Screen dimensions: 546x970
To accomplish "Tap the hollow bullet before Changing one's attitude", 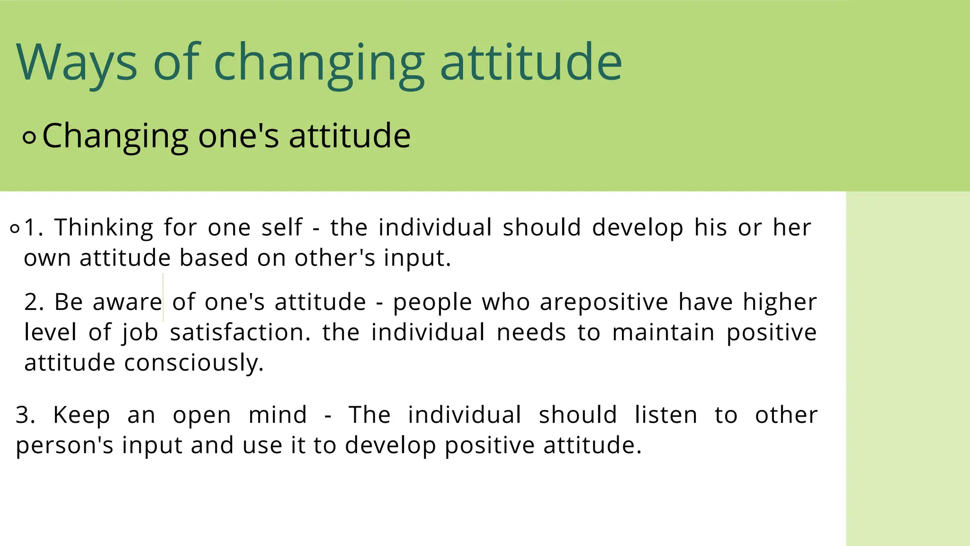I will tap(29, 138).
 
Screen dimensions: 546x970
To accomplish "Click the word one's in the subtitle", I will tap(238, 136).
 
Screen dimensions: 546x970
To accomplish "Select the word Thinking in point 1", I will tap(104, 227).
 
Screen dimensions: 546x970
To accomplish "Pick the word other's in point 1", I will tap(334, 258).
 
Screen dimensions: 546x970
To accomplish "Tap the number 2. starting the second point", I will tap(34, 302).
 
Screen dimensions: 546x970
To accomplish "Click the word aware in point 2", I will tap(127, 302).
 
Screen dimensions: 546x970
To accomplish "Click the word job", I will tap(140, 333).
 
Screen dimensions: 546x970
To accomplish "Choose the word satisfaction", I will tap(240, 332).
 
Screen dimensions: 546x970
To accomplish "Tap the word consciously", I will tap(194, 363).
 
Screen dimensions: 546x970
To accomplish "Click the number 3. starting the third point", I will tap(26, 415).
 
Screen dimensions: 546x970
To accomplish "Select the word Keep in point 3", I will tap(81, 415).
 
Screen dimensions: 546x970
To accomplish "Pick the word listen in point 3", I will tap(665, 415).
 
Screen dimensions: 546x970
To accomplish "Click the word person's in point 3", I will tap(64, 446).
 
